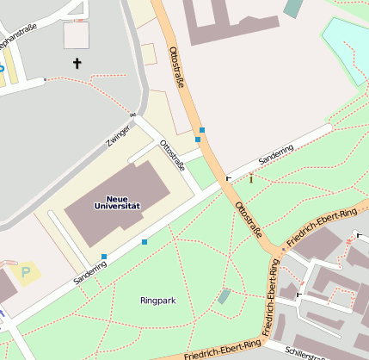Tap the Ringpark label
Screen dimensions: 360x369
pos(157,301)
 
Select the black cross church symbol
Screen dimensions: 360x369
pos(77,63)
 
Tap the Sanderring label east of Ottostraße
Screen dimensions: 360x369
pos(276,155)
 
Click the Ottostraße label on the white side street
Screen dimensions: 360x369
pos(172,154)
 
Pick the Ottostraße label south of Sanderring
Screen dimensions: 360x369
pos(249,219)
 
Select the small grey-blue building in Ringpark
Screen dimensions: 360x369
pos(224,296)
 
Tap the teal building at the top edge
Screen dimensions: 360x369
pos(293,8)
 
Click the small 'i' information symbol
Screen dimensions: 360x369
pos(251,179)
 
